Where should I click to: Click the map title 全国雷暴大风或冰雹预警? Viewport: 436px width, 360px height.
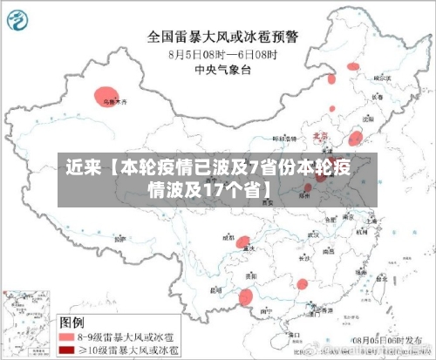pos(222,37)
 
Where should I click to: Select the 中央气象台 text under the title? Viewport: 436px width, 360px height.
pos(223,70)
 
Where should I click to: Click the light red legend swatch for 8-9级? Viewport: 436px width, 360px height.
pos(67,334)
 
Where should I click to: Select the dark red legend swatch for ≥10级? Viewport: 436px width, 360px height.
pos(67,350)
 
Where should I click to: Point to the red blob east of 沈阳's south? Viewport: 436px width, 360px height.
pos(356,138)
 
